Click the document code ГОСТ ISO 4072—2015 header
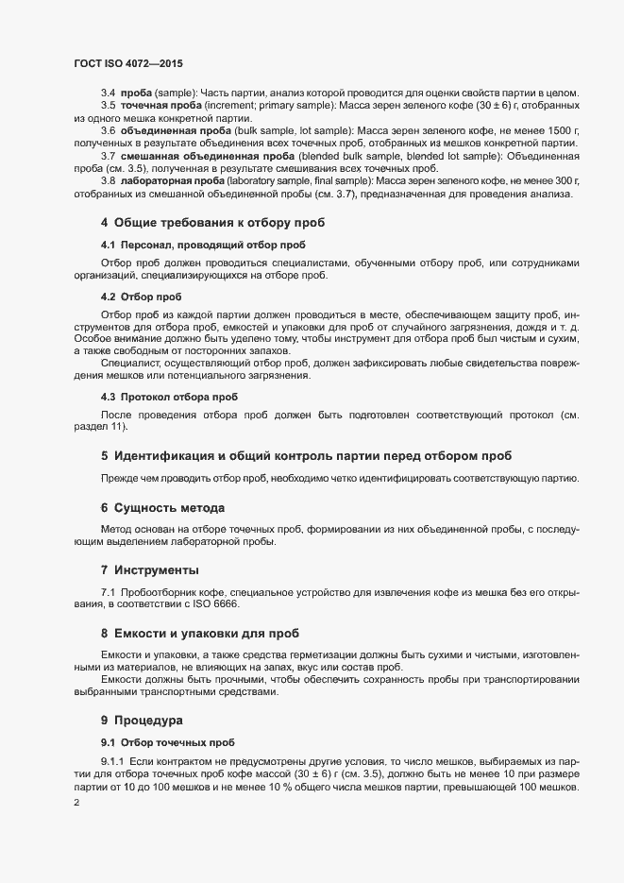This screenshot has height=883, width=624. point(128,62)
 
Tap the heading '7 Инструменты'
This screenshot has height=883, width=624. point(150,570)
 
